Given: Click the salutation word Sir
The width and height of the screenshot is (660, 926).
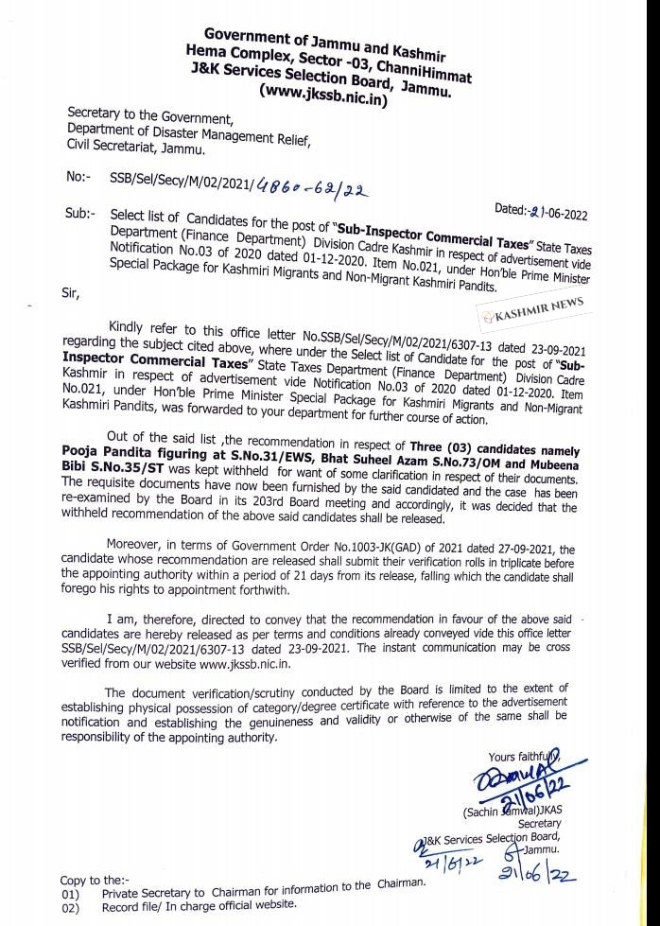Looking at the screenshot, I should (x=71, y=294).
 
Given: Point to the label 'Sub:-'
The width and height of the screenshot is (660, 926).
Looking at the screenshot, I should (x=78, y=214).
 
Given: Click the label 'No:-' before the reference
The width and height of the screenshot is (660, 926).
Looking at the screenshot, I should (x=78, y=177).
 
